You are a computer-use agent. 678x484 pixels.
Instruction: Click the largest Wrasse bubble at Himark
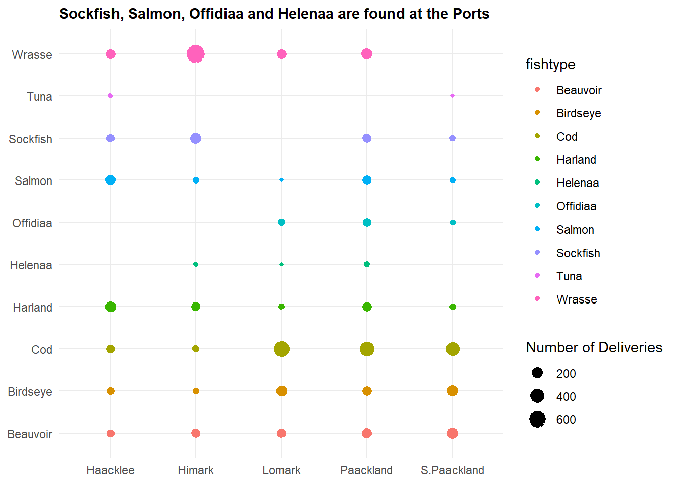point(196,54)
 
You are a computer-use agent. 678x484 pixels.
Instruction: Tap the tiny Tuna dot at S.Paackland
point(453,96)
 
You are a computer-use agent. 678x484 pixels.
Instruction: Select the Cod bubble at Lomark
point(281,349)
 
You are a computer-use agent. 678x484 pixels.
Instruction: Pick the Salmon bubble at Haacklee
point(110,180)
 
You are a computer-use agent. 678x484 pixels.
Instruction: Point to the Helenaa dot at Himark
point(196,264)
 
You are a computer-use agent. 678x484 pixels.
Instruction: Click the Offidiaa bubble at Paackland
point(367,222)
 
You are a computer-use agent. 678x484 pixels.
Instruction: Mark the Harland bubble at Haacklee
point(110,307)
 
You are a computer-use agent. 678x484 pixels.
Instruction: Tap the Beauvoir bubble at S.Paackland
point(453,433)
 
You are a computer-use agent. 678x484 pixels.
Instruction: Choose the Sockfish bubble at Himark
point(196,138)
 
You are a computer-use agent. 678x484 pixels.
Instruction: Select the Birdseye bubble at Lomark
point(281,391)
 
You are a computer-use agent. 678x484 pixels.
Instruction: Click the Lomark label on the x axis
point(281,470)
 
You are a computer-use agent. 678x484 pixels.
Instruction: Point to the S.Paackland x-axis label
point(453,470)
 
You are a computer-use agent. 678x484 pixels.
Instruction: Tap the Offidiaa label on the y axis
point(32,223)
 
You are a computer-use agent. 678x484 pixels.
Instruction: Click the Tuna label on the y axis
point(39,96)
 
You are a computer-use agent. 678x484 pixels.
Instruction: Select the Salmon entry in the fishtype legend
point(575,230)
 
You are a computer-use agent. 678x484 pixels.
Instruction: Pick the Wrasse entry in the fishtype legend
point(577,299)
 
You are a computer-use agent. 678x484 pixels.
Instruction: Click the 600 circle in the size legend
point(537,419)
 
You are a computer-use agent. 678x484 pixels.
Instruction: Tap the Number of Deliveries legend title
point(594,347)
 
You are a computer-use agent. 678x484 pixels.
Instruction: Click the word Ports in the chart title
point(471,14)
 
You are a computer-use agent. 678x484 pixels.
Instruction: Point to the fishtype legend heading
point(550,64)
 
